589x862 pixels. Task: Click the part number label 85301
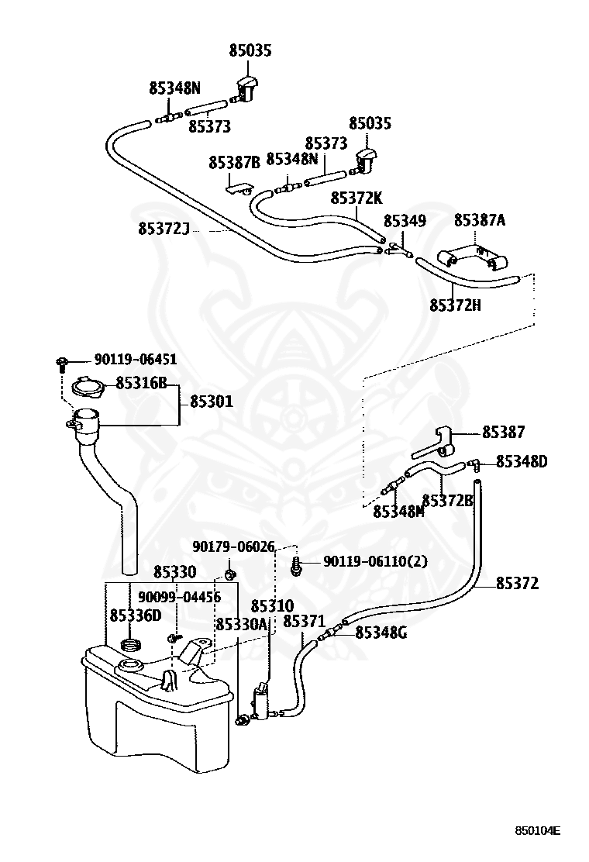(x=212, y=402)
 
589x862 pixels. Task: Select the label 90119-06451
(x=136, y=360)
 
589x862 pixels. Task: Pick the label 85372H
(x=455, y=305)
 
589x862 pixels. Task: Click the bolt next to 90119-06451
(x=62, y=363)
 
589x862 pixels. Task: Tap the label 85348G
(x=381, y=633)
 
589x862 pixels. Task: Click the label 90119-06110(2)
(x=375, y=561)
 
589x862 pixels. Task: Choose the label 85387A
(x=480, y=220)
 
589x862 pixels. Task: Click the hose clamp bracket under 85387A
(x=470, y=259)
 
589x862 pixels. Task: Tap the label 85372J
(x=164, y=228)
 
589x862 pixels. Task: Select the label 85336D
(x=136, y=615)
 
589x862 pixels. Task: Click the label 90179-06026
(x=233, y=547)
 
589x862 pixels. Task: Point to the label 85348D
(x=522, y=462)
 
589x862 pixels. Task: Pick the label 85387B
(x=234, y=163)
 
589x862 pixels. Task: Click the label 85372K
(x=356, y=198)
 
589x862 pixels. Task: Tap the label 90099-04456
(x=179, y=598)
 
